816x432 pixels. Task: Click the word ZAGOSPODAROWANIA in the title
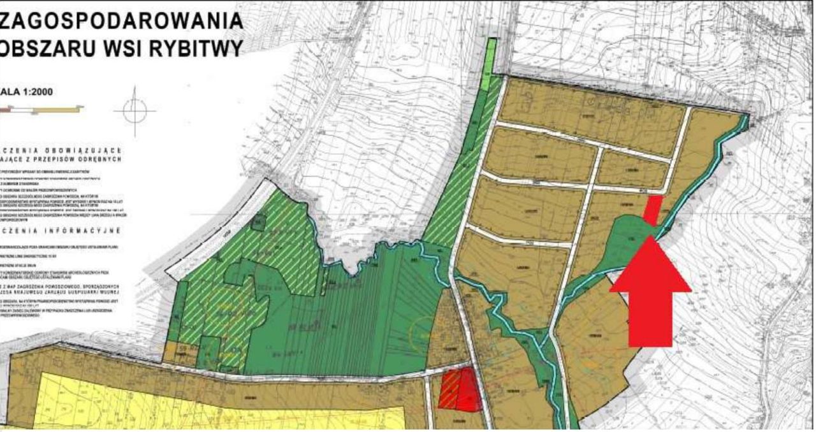tap(121, 20)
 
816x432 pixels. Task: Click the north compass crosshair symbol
tap(135, 111)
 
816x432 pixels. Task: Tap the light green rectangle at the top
tap(490, 64)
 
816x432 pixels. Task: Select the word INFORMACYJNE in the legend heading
tap(83, 231)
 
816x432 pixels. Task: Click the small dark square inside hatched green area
tap(258, 222)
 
